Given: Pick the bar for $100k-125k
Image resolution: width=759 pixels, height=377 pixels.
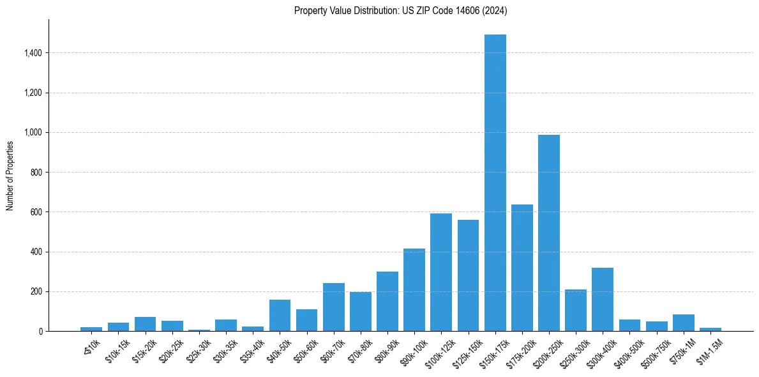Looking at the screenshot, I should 441,272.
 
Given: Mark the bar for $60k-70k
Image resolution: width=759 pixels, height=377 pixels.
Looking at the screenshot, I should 333,307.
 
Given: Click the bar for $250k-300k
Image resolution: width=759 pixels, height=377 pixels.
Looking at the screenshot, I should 576,310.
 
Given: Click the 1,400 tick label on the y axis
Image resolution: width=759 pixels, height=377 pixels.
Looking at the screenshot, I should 32,53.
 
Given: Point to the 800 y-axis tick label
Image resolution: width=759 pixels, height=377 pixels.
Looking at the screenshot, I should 36,173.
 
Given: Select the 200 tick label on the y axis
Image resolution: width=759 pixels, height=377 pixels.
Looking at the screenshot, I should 36,291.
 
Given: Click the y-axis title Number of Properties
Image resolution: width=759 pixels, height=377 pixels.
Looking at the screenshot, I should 10,175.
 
